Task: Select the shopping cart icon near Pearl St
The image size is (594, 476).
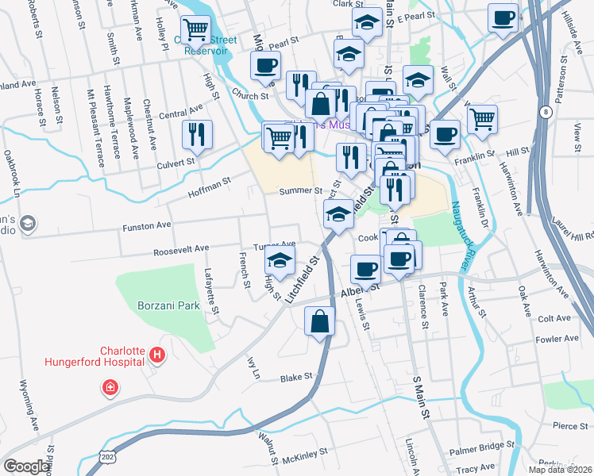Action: pos(195,29)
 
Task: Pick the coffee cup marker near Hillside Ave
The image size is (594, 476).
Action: pos(503,18)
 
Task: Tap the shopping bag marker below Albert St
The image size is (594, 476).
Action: pos(319,321)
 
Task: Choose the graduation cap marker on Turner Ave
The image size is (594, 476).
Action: pos(280,259)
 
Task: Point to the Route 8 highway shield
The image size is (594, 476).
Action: pos(546,113)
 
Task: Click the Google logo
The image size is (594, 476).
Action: pos(26,466)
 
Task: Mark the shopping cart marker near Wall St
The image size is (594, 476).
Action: pos(482,120)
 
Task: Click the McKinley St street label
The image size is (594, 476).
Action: pos(306,453)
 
